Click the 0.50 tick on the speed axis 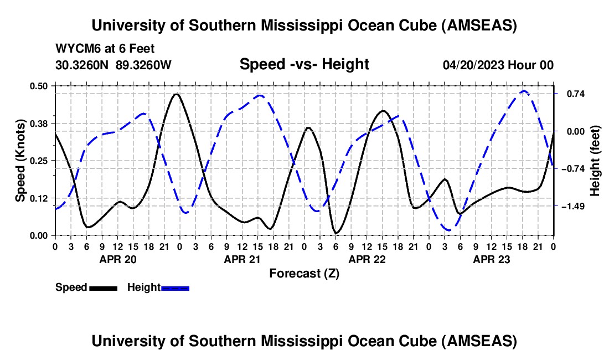[x=39, y=85]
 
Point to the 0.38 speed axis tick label [x=39, y=123]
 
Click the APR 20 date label [x=117, y=259]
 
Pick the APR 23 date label [x=491, y=259]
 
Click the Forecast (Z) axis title [x=304, y=273]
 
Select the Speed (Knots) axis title [x=20, y=160]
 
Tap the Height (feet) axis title [x=595, y=160]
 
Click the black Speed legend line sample [x=102, y=287]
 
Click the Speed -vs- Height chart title [x=304, y=64]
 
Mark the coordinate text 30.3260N [x=82, y=65]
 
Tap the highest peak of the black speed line [x=177, y=94]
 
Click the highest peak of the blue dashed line [x=524, y=90]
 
